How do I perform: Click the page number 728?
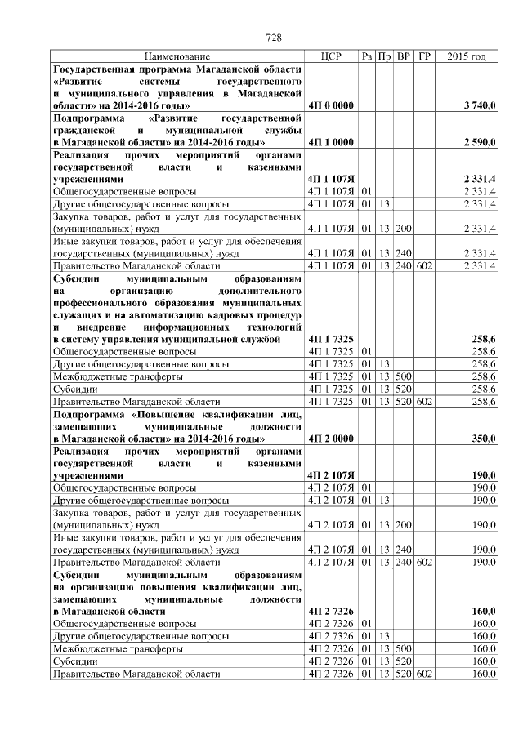pos(275,36)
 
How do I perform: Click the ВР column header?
pos(403,56)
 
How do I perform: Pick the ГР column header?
pos(423,56)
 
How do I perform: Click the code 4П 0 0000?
pos(331,106)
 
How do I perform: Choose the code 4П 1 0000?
pos(331,142)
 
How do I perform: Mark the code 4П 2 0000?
pos(331,439)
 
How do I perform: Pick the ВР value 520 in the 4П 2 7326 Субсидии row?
pos(403,661)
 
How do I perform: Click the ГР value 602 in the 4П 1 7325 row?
pos(423,402)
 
